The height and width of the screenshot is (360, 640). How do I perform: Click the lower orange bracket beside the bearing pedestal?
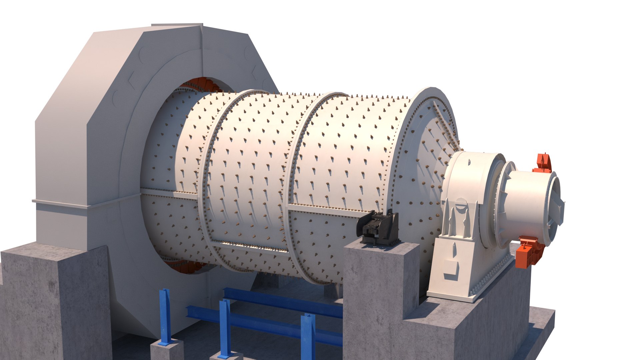pyautogui.click(x=528, y=251)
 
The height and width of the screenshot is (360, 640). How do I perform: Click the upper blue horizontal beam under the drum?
pyautogui.click(x=283, y=302)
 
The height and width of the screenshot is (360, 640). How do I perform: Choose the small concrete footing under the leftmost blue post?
pyautogui.click(x=167, y=350)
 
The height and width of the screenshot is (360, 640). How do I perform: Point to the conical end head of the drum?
pyautogui.click(x=430, y=150)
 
